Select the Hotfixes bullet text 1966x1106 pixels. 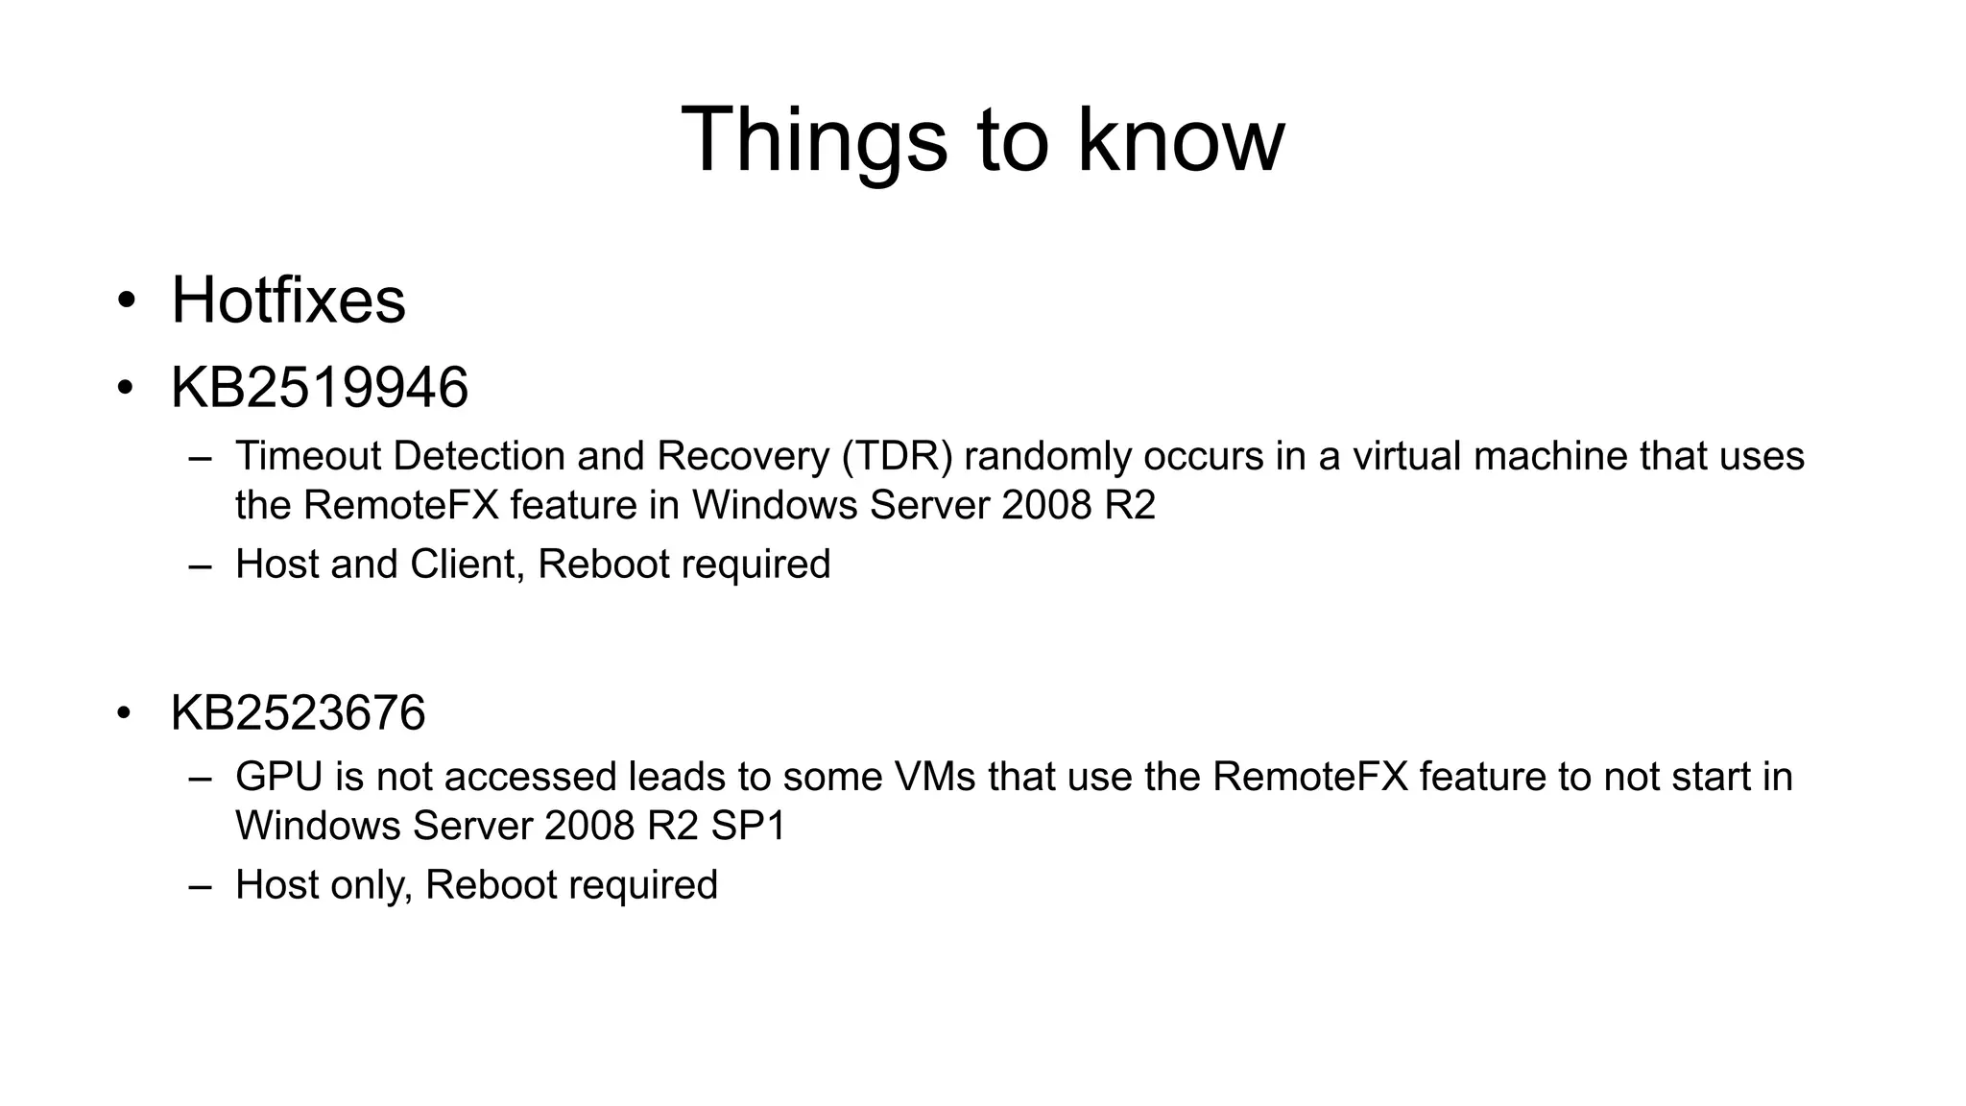288,301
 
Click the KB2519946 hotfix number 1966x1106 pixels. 319,387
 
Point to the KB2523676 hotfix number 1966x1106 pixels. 298,713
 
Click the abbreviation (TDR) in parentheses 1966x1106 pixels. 898,456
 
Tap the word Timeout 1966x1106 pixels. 308,456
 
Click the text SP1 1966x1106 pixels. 748,826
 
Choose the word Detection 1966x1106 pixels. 479,456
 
